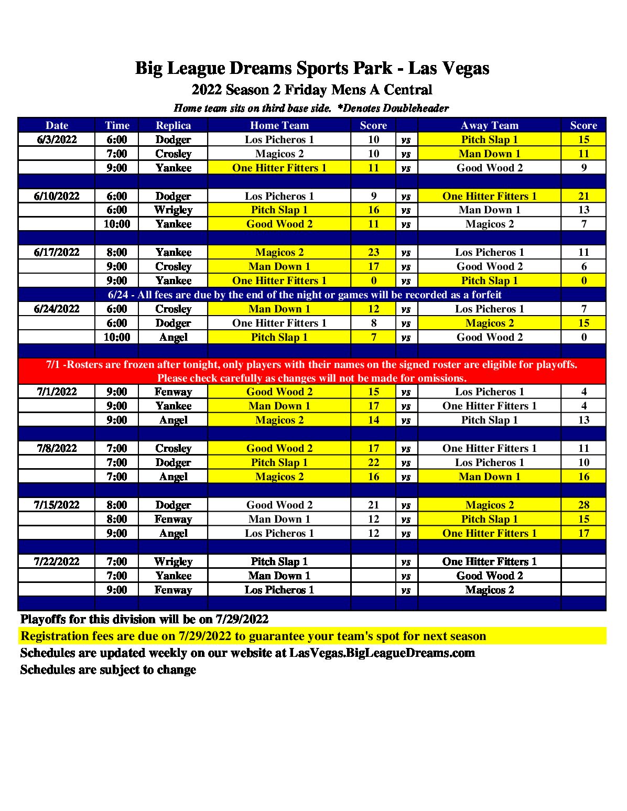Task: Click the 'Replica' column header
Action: click(x=173, y=125)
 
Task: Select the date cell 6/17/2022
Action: click(x=57, y=252)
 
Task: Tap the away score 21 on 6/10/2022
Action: click(x=583, y=196)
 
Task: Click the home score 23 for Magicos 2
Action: click(x=373, y=252)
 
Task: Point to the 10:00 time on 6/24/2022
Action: click(x=117, y=337)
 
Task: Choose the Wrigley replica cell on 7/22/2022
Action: click(x=173, y=561)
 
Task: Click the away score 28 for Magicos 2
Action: click(x=583, y=505)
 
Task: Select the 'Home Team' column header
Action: click(x=279, y=125)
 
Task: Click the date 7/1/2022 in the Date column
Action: click(x=57, y=392)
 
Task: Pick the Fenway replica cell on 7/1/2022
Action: click(x=173, y=392)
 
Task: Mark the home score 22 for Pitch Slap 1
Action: click(x=373, y=462)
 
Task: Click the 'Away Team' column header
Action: click(x=490, y=125)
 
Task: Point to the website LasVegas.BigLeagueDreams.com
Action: click(x=382, y=653)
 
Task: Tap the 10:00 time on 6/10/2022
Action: click(x=117, y=224)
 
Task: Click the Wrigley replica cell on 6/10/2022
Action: click(x=173, y=210)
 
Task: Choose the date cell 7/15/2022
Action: click(x=57, y=505)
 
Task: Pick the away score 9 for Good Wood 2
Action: click(x=583, y=168)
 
